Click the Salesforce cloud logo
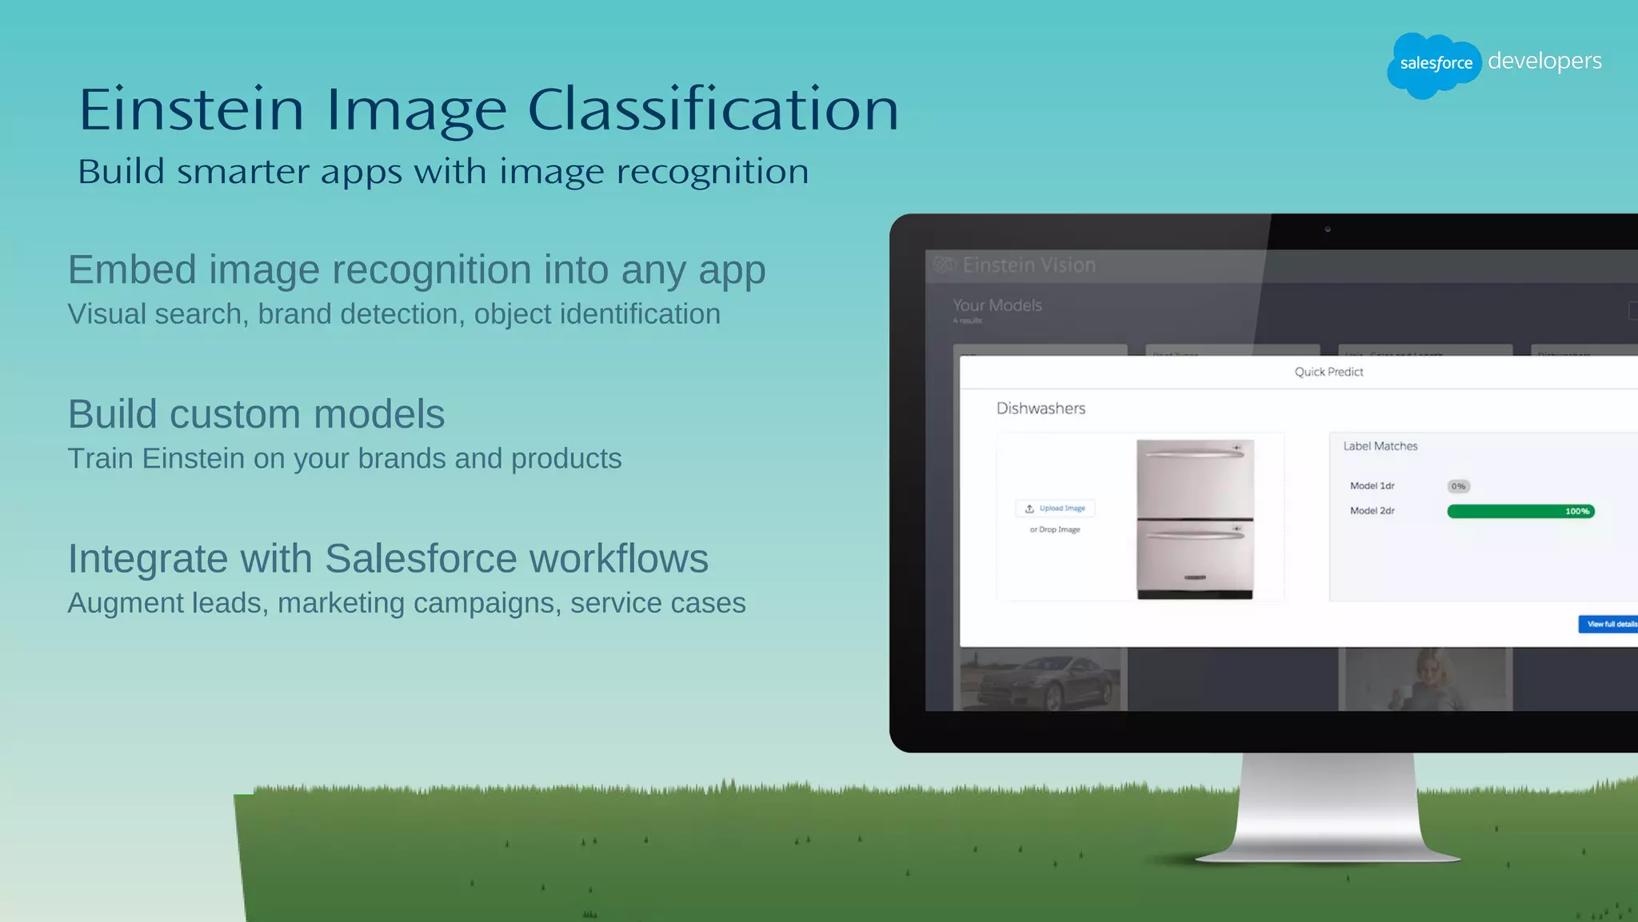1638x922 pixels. coord(1434,64)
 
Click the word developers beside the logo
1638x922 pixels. coord(1544,62)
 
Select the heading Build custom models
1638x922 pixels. coord(256,414)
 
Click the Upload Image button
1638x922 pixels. coord(1056,509)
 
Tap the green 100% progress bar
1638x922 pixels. coord(1520,511)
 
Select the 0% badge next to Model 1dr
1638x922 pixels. coord(1458,486)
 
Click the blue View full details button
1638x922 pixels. coord(1608,624)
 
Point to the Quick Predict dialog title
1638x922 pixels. coord(1328,372)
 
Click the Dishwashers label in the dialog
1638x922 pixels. coord(1041,409)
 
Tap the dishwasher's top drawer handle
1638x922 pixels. coord(1195,454)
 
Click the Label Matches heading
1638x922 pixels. coord(1380,446)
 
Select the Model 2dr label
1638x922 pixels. coord(1372,511)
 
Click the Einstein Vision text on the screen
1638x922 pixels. coord(1029,265)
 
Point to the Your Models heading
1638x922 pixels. coord(997,305)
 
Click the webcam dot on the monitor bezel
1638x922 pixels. coord(1328,230)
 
